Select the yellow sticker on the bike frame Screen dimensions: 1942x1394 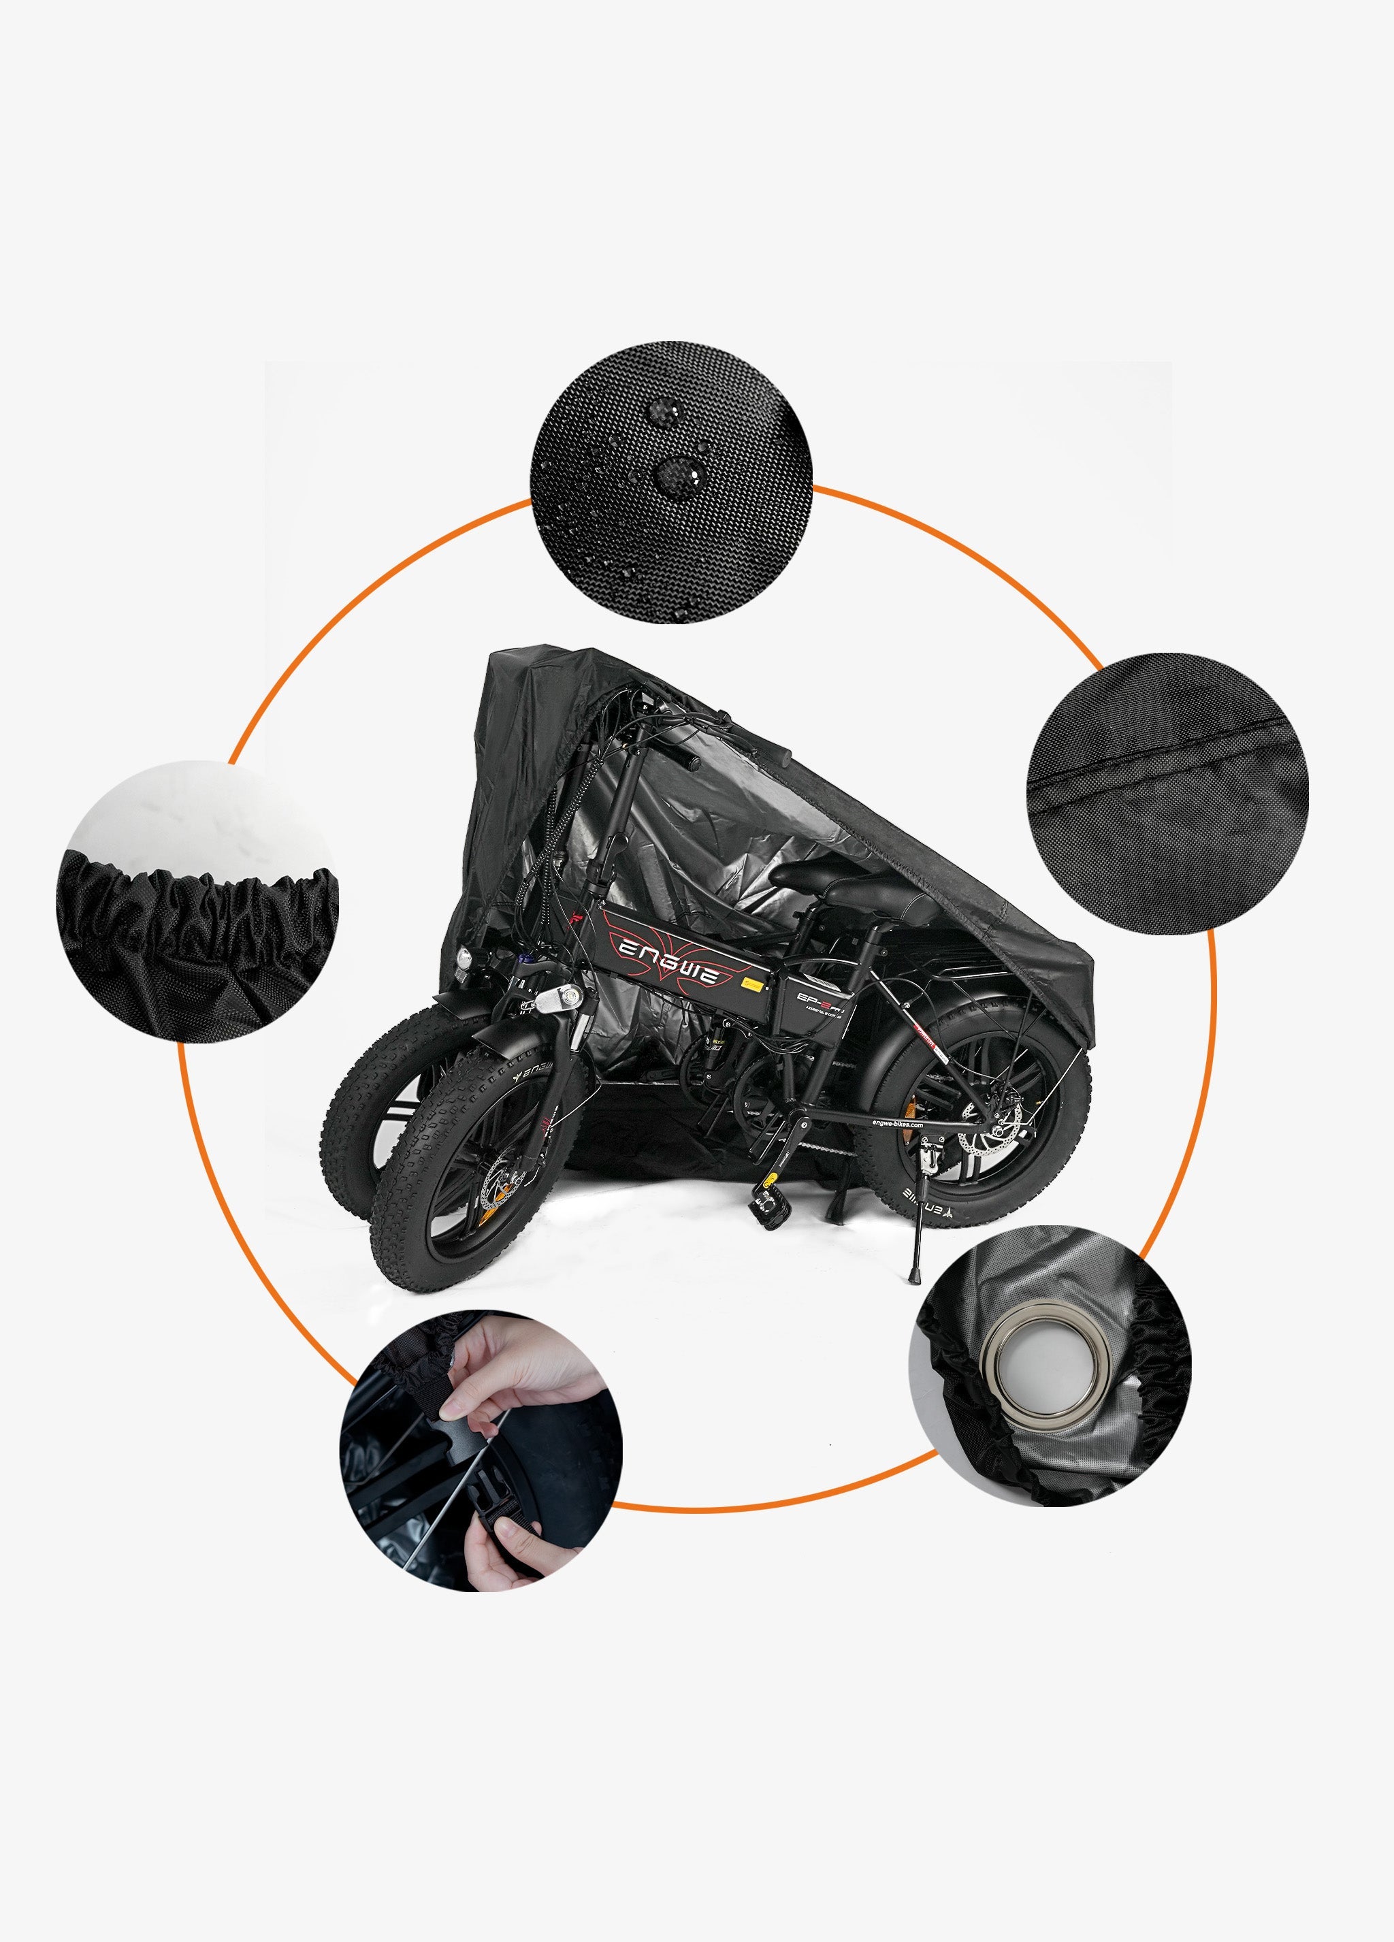click(753, 986)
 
